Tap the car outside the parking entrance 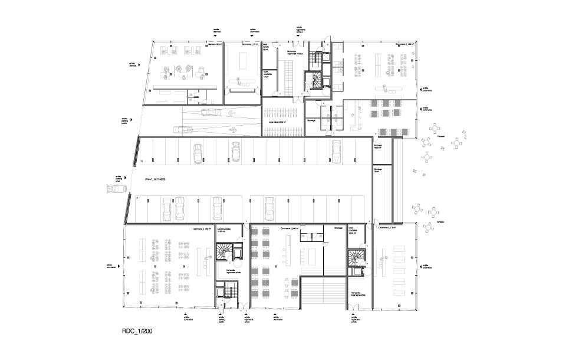coord(117,189)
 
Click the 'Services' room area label coord(214,45)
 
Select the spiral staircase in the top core coord(315,81)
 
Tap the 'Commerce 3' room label coord(387,228)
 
